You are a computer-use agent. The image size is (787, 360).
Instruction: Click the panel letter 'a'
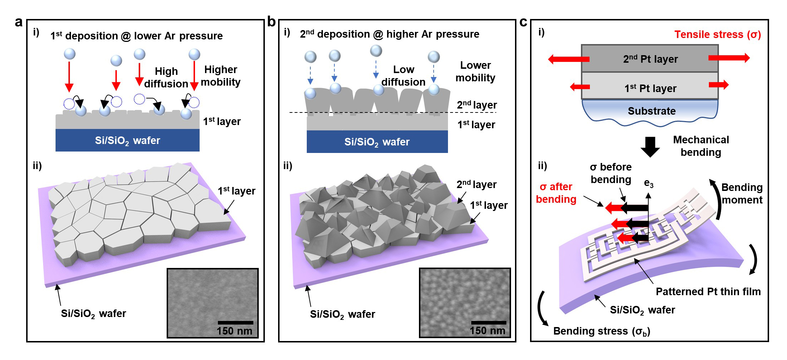click(19, 22)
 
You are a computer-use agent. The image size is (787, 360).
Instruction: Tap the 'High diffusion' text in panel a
click(166, 77)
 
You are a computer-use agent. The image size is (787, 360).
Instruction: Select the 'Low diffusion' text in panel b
click(403, 76)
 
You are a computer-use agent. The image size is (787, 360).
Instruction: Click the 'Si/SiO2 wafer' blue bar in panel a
click(127, 140)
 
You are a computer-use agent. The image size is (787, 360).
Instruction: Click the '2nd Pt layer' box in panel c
click(650, 59)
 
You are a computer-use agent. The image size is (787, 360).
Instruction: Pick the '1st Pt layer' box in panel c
click(650, 88)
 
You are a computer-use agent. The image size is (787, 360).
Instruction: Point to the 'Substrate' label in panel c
click(651, 111)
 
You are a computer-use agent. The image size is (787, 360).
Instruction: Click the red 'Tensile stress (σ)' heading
click(717, 34)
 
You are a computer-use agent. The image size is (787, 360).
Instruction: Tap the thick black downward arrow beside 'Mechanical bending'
click(650, 147)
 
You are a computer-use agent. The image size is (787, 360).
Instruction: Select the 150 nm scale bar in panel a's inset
click(235, 322)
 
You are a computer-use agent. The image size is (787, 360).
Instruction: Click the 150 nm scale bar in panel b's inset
click(488, 322)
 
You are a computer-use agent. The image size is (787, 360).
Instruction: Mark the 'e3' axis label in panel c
click(649, 183)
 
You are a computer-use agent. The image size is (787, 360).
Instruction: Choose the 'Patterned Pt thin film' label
click(708, 292)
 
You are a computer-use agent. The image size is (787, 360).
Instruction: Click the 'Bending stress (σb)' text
click(601, 331)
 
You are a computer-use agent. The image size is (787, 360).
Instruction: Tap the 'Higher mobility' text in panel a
click(220, 76)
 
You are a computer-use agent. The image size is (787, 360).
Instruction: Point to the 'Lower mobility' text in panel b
click(475, 71)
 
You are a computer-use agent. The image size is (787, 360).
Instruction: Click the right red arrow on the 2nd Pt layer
click(729, 58)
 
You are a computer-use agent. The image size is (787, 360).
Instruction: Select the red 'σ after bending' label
click(556, 193)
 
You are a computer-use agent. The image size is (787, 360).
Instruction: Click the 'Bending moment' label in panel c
click(741, 193)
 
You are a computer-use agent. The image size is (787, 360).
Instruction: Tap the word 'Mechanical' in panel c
click(701, 140)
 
